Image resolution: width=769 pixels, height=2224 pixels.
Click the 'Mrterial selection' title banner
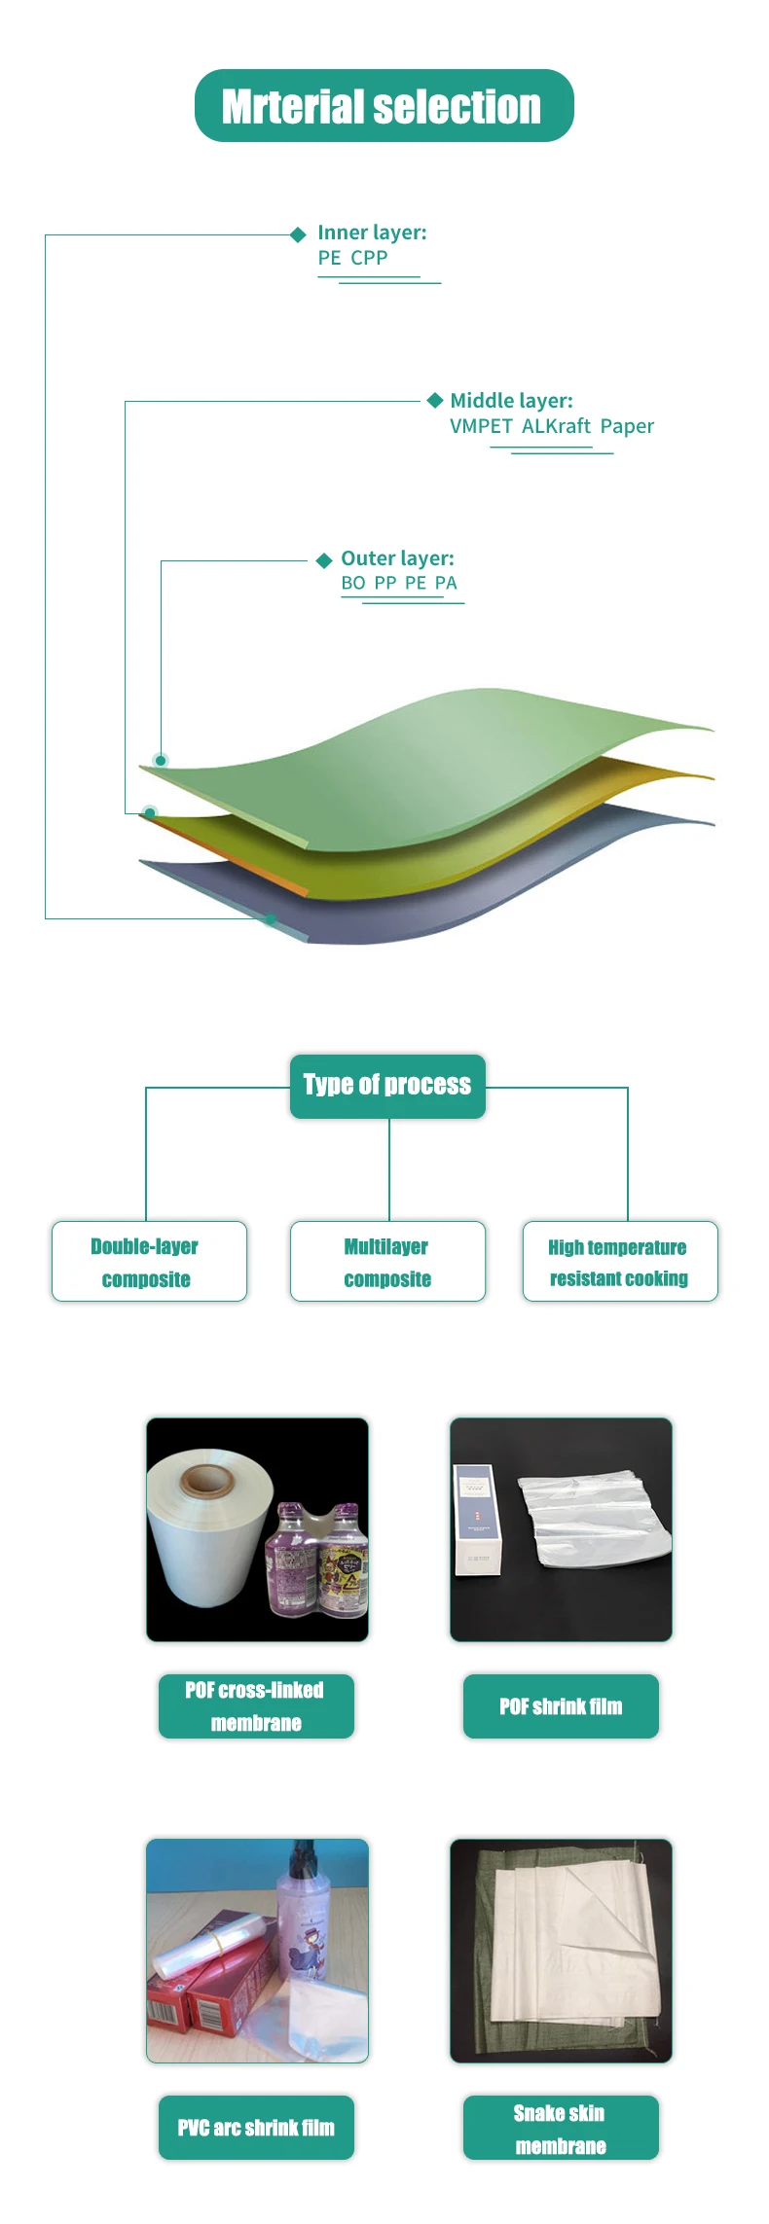point(384,106)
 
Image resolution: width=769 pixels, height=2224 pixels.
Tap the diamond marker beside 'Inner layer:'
point(299,234)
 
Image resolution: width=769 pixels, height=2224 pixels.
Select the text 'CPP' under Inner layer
point(369,258)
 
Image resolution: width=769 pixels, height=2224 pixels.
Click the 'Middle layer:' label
point(511,401)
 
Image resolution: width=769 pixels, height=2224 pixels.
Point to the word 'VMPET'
point(481,426)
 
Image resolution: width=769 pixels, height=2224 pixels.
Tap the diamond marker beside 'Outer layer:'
point(324,560)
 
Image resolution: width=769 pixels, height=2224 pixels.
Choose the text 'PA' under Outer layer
point(446,583)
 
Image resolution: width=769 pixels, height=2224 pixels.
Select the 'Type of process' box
point(387,1086)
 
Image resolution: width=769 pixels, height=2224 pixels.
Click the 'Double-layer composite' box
point(149,1262)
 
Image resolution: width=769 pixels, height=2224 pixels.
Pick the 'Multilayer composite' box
point(387,1262)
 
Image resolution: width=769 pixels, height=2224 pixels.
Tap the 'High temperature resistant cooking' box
point(620,1262)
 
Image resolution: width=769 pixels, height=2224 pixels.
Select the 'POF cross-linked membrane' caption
point(256,1706)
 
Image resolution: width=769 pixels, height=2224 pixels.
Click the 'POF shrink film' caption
point(561,1706)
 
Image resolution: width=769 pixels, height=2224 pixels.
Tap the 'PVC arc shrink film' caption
point(256,2128)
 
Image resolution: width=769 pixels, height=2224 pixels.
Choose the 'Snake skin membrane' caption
point(561,2128)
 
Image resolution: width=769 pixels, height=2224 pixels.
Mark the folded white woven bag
point(574,1946)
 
